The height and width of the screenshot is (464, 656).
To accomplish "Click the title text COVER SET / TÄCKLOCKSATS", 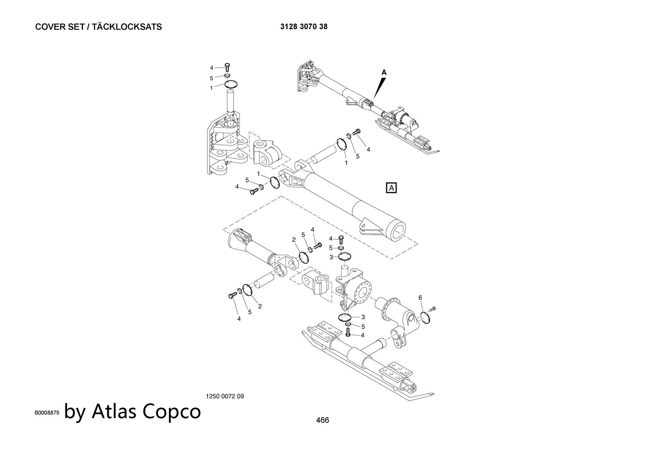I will click(98, 27).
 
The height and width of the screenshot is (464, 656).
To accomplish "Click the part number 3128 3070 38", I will click(304, 27).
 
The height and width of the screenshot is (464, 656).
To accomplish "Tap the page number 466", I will click(322, 420).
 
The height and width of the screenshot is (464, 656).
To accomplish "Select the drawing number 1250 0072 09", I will click(225, 396).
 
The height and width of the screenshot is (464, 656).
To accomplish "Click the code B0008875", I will click(47, 413).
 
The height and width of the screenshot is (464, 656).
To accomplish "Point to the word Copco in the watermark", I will click(172, 411).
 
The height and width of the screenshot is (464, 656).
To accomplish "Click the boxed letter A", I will click(392, 188).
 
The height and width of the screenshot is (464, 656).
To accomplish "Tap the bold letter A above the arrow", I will click(384, 72).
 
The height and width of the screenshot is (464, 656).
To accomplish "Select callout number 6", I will click(420, 298).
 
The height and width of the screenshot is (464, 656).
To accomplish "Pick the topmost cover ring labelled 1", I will click(231, 84).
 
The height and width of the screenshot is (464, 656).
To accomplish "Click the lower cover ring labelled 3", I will click(344, 317).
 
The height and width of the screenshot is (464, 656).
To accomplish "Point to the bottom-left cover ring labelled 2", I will click(247, 290).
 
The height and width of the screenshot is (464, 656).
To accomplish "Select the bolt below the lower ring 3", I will click(348, 333).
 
